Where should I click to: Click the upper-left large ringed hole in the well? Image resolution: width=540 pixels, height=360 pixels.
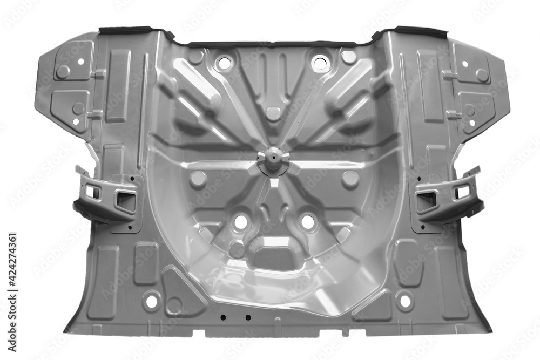[x=224, y=63]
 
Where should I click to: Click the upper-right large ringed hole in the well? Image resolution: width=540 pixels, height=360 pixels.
[x=320, y=63]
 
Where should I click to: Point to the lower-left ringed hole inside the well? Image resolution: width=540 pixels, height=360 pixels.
[x=240, y=221]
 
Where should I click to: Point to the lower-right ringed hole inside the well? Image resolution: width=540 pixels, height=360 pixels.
[x=308, y=221]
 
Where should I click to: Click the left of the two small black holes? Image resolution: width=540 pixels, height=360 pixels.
[x=222, y=317]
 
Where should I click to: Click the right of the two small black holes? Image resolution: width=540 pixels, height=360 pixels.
[x=248, y=317]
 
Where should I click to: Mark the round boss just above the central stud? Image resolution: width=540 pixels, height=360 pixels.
[x=273, y=114]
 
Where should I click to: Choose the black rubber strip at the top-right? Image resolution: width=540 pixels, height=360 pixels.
[x=416, y=30]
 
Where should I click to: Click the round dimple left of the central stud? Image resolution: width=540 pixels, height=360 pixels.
[x=198, y=179]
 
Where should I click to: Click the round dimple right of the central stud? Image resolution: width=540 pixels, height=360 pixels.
[x=350, y=179]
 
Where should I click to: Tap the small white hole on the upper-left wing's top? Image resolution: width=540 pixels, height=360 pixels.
[x=80, y=62]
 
